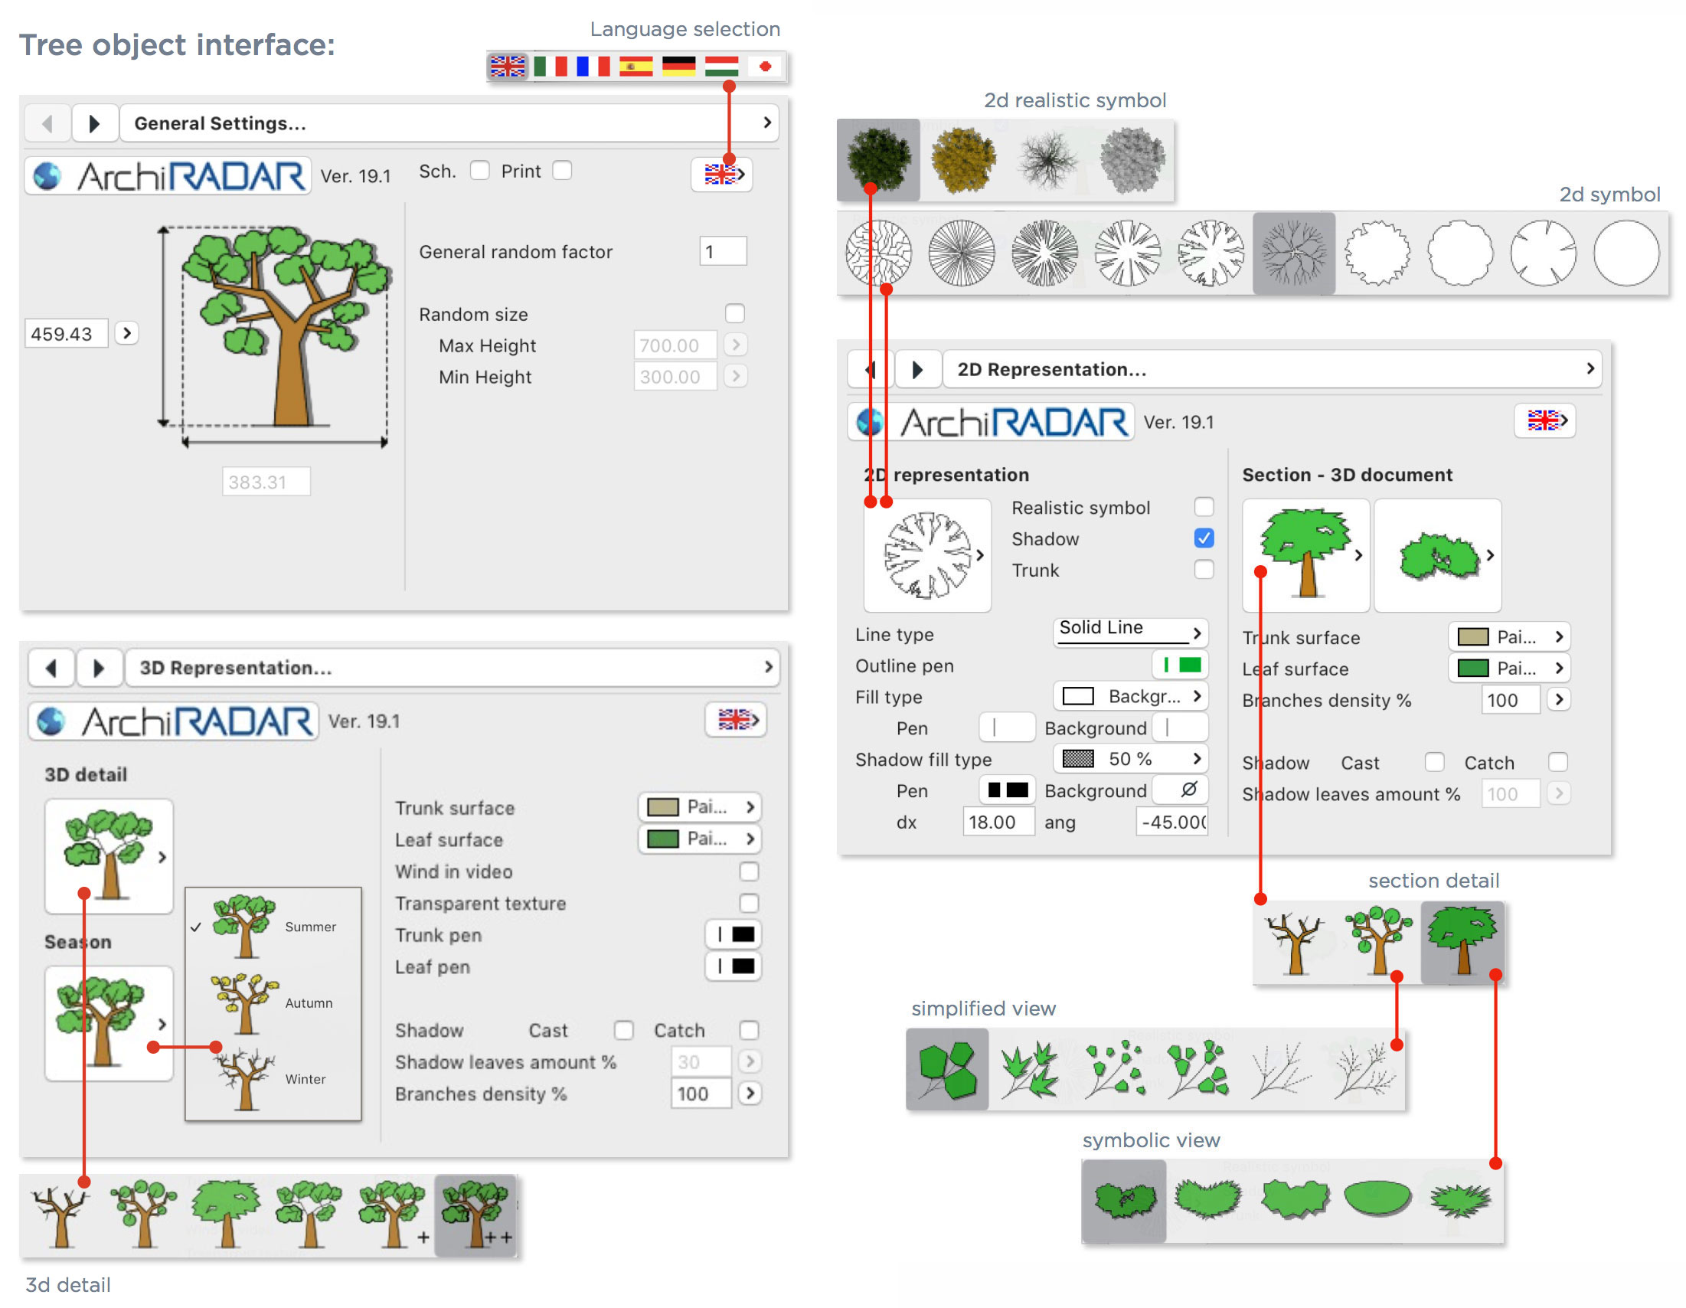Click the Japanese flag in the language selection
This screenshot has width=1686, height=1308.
pos(764,67)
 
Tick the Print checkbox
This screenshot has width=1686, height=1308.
pos(563,171)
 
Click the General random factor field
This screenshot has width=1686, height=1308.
pos(723,252)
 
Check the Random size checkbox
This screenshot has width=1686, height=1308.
pos(735,313)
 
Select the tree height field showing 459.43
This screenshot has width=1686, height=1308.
pos(66,334)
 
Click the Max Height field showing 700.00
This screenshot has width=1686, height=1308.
pos(674,345)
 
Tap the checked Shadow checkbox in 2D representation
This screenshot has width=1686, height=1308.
pos(1204,538)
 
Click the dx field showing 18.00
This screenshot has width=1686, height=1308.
pos(998,822)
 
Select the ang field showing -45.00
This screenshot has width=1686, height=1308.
pos(1171,822)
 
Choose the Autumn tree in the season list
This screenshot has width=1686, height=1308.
pos(246,1002)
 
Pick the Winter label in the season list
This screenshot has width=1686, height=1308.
pos(306,1079)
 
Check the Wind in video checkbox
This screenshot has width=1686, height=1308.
pos(749,871)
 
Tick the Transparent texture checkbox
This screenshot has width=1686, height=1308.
pos(749,904)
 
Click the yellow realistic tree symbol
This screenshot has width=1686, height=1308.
pos(962,160)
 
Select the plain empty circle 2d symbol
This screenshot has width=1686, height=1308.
pos(1626,253)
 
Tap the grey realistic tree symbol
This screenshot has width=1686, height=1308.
pos(1131,160)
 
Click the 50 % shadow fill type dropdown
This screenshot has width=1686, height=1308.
pos(1129,759)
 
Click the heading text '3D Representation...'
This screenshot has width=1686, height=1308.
pos(236,668)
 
